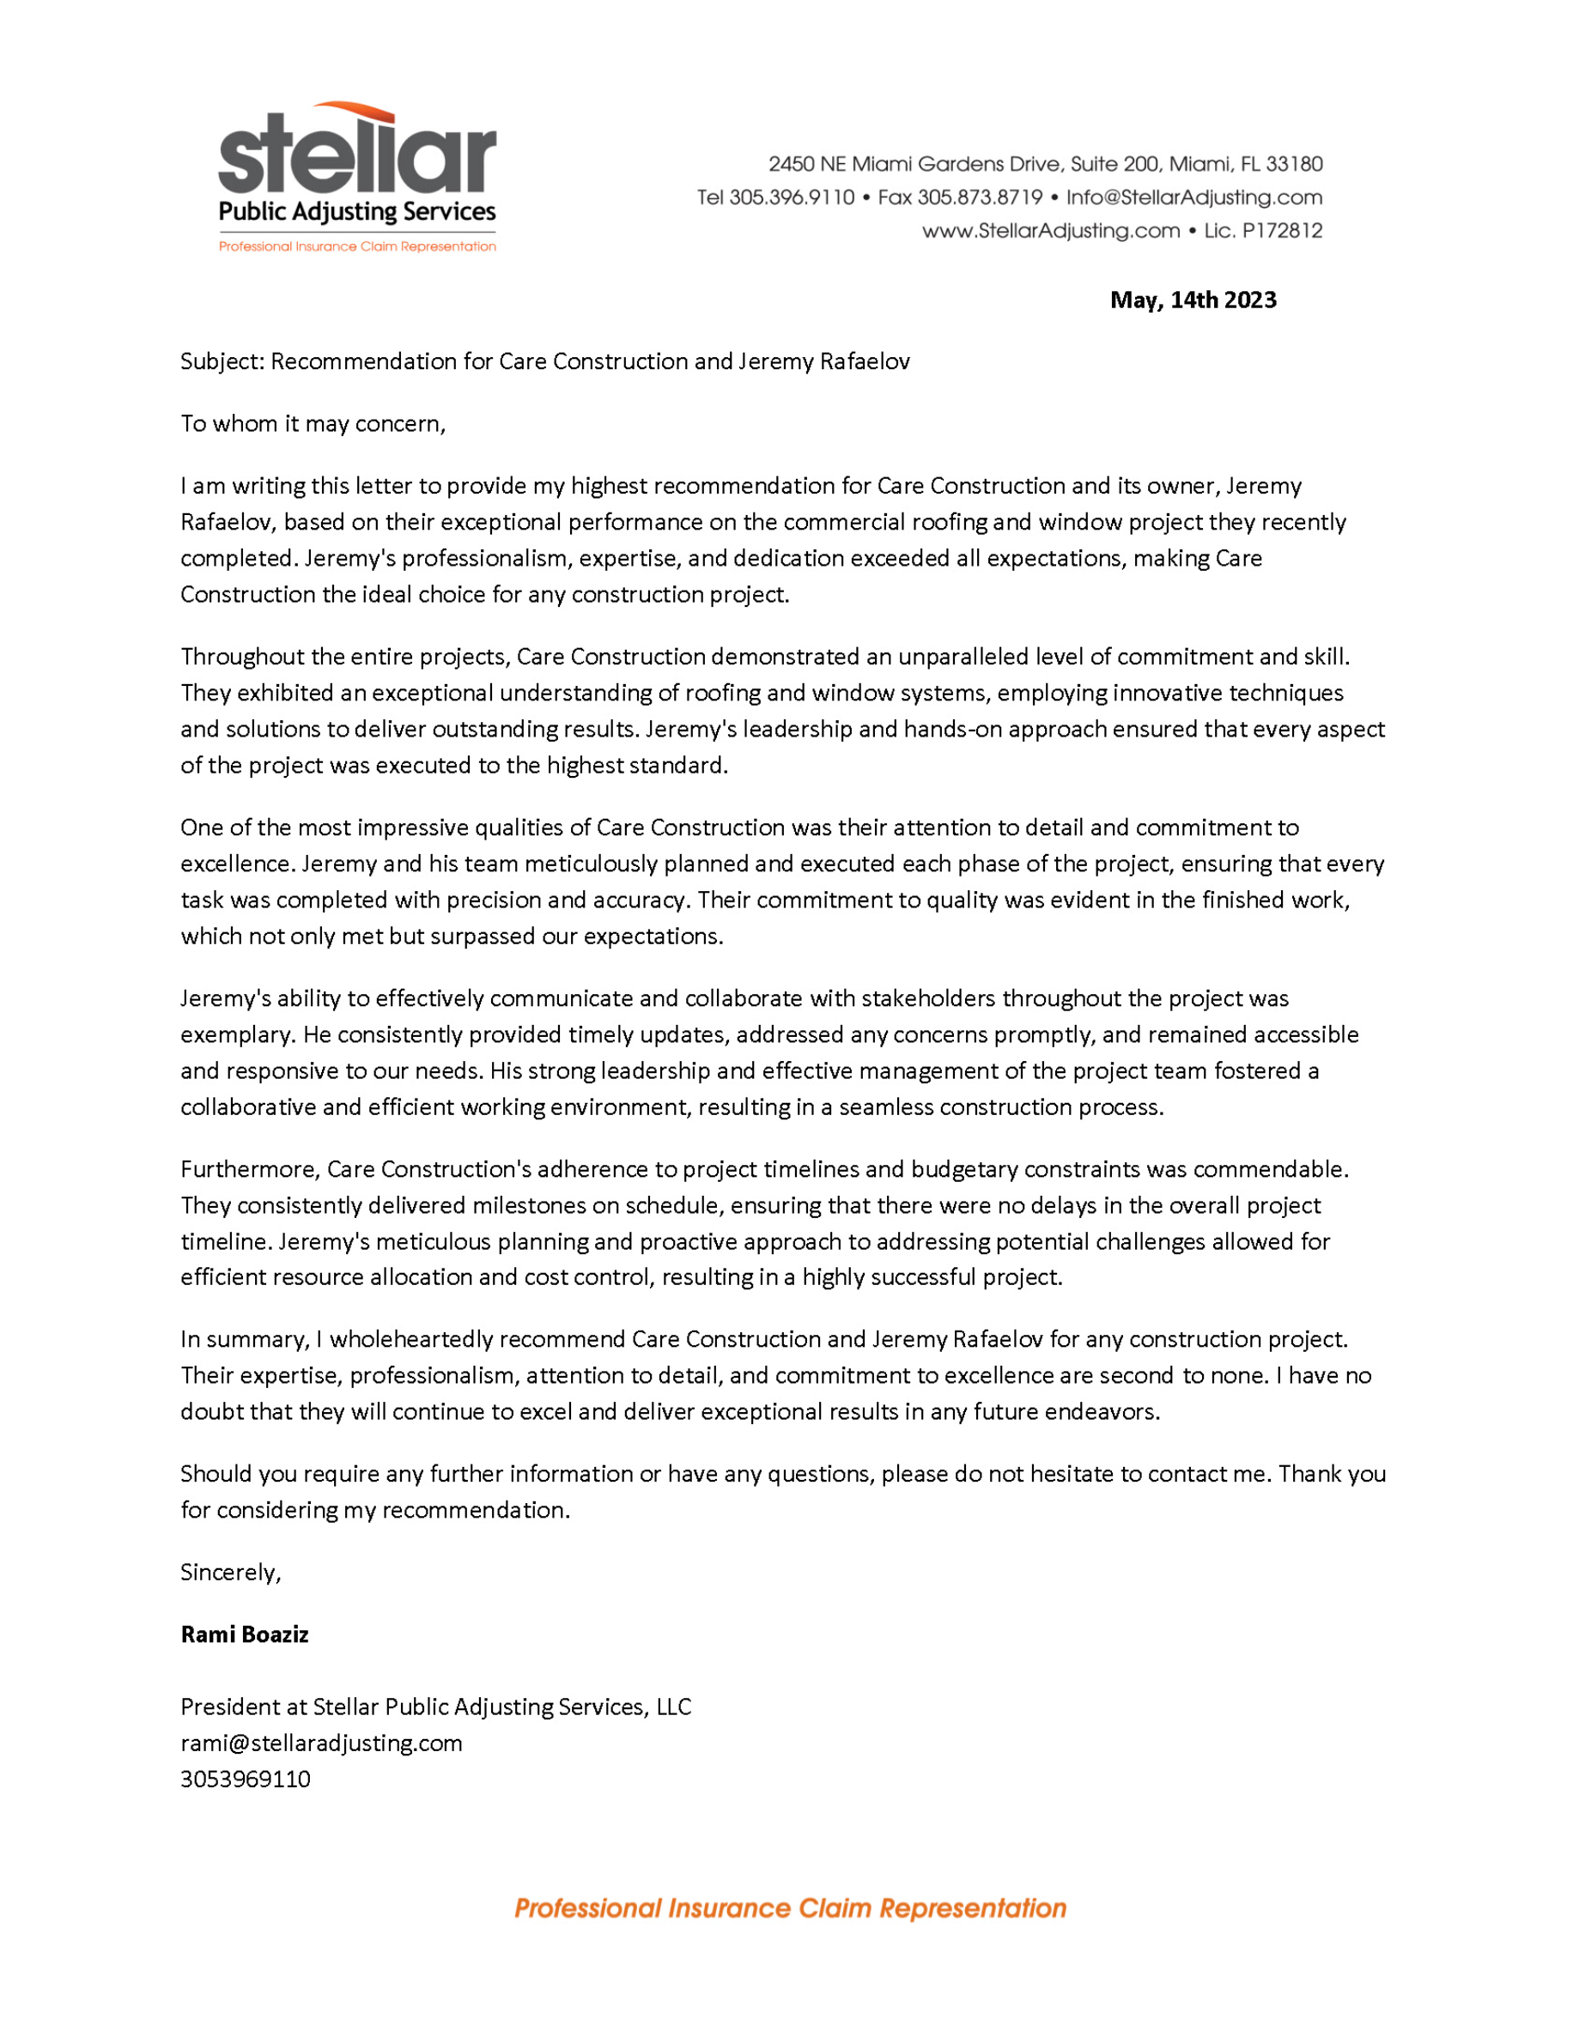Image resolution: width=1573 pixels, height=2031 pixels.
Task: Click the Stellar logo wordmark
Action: [x=357, y=154]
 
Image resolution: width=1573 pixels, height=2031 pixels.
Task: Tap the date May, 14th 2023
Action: [x=1193, y=300]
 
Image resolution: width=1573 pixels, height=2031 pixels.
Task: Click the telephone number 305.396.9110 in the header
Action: [x=792, y=197]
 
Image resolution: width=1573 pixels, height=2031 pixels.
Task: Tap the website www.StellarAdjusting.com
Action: [x=1050, y=231]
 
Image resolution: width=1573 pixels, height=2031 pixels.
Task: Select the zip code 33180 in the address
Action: [x=1294, y=165]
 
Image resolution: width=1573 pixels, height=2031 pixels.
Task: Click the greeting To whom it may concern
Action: [x=313, y=424]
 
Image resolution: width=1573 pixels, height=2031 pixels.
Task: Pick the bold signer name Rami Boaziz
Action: [x=245, y=1634]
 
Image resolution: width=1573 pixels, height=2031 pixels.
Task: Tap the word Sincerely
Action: [x=230, y=1572]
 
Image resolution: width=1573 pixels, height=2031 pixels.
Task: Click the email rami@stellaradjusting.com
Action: [x=321, y=1743]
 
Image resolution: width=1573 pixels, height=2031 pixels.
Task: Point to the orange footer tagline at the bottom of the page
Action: [x=790, y=1909]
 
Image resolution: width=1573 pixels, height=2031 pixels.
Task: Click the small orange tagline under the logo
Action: [x=357, y=246]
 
